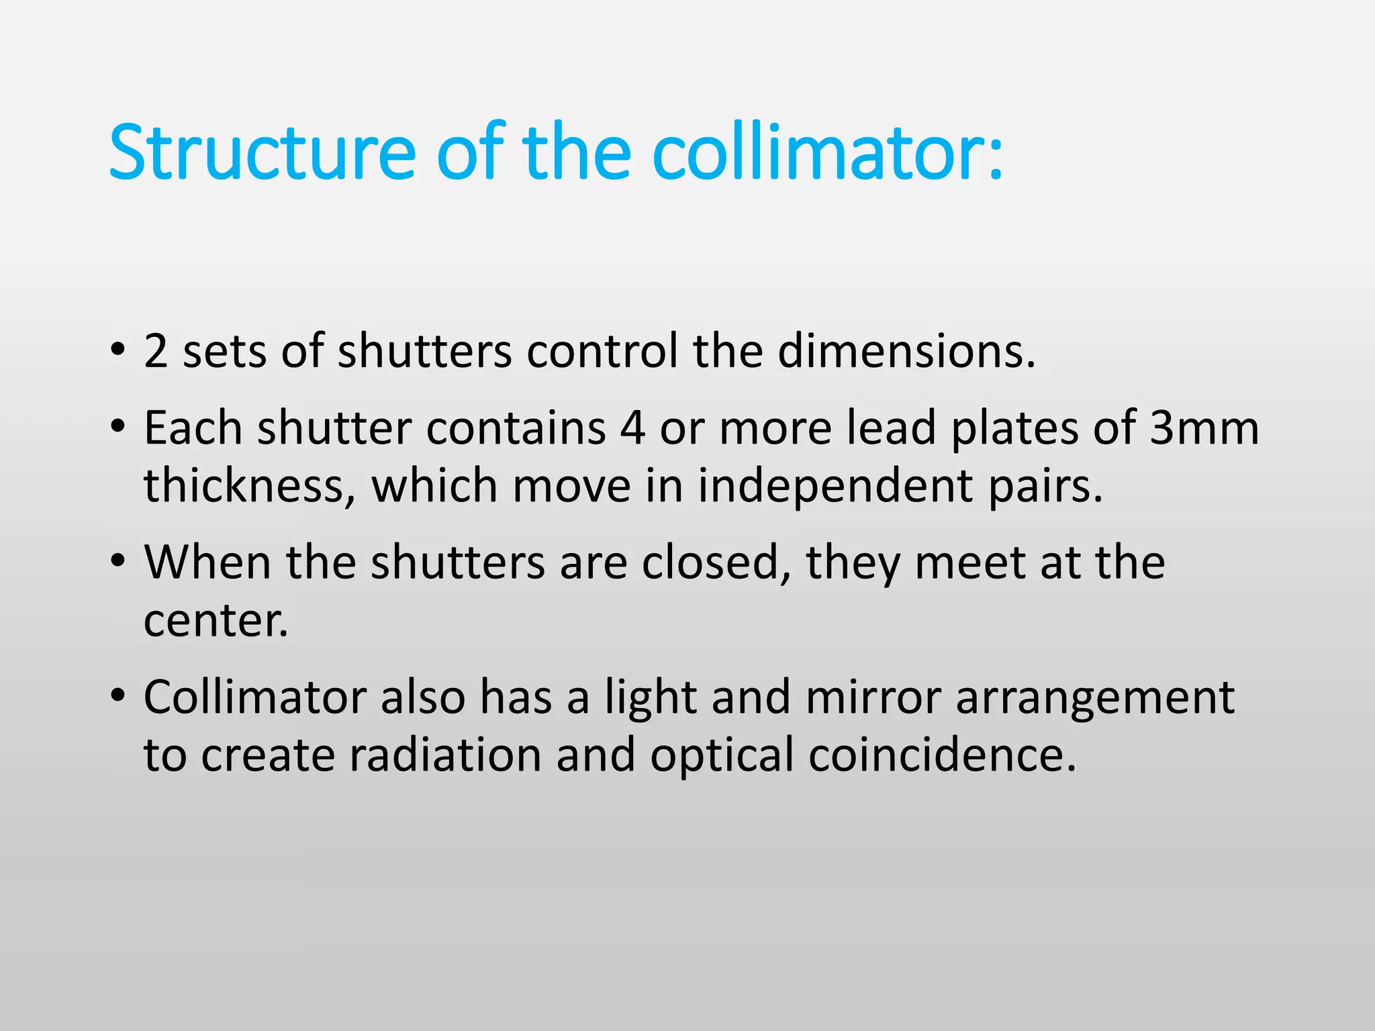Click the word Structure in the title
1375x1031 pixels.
click(x=262, y=152)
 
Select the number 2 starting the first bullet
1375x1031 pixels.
click(x=155, y=351)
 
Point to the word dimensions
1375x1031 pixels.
click(x=906, y=351)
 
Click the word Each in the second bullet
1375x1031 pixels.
click(x=193, y=428)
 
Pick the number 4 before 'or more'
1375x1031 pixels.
click(x=632, y=428)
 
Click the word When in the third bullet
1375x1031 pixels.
click(x=207, y=562)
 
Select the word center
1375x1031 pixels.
click(x=216, y=620)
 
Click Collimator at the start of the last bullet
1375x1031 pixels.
click(x=254, y=697)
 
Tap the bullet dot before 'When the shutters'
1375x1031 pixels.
click(x=118, y=560)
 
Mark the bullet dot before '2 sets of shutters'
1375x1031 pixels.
click(x=118, y=349)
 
